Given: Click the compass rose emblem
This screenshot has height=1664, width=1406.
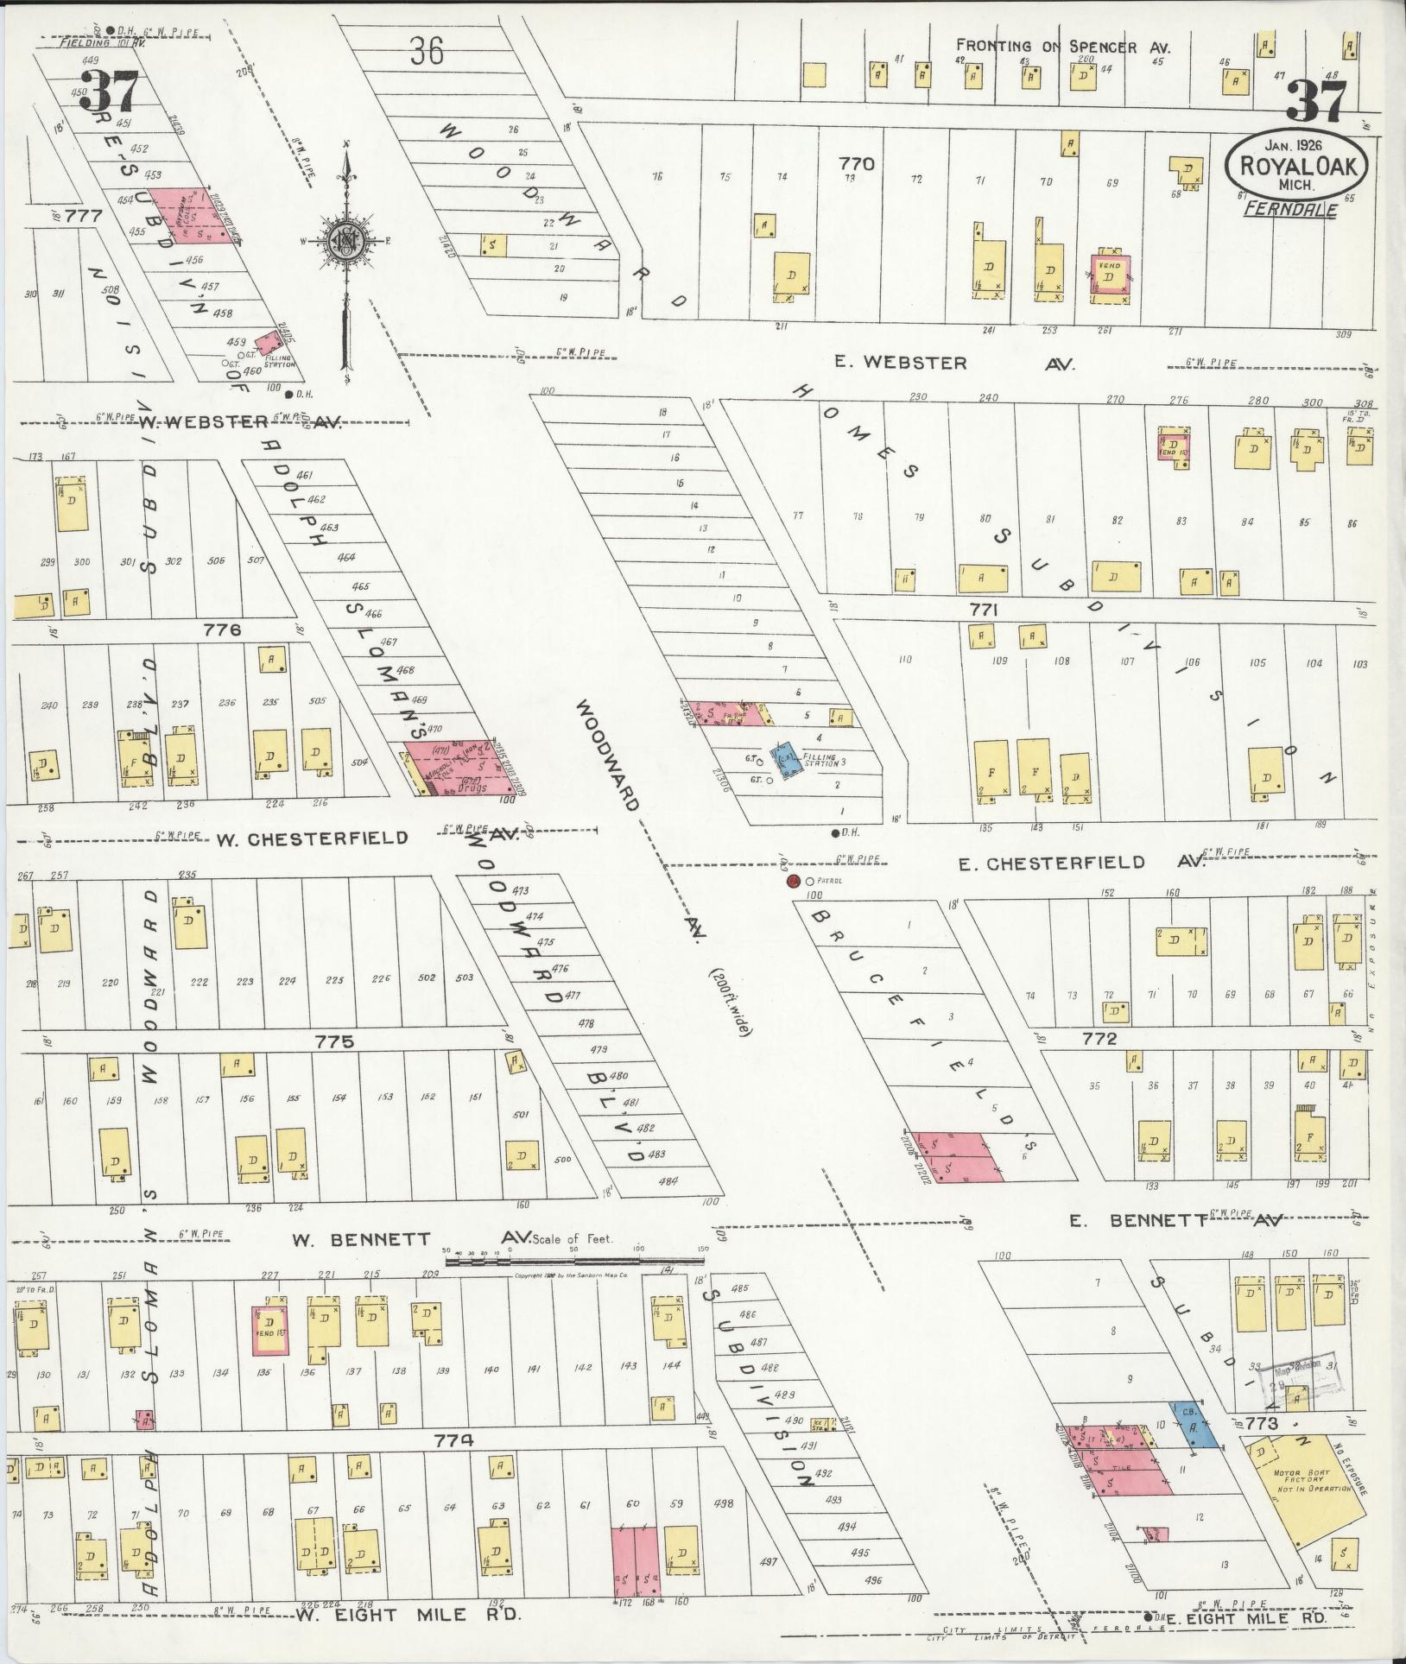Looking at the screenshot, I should (x=346, y=239).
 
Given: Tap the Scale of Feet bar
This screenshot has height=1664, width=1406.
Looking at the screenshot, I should (x=572, y=1262).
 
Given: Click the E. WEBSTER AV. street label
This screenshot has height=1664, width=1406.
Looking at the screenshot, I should (x=953, y=364).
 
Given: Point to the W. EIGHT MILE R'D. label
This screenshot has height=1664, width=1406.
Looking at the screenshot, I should (x=408, y=1612).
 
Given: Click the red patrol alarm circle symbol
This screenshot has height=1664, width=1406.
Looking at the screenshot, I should (x=792, y=882).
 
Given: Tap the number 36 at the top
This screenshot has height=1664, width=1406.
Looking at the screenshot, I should (x=427, y=52).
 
